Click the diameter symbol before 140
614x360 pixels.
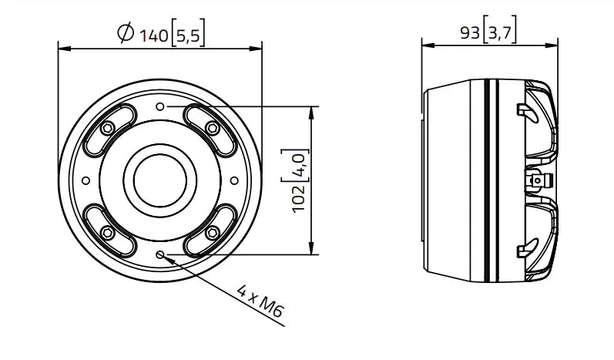point(125,33)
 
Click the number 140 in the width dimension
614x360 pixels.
point(152,33)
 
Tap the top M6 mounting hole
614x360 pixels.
point(160,106)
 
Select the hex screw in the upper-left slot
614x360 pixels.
point(108,127)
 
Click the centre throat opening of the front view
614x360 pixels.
point(160,180)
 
